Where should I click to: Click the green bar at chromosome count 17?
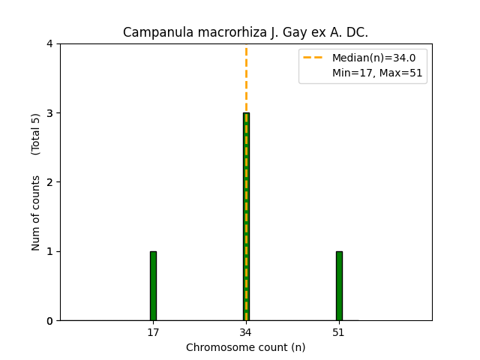point(153,286)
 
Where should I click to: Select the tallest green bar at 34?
point(246,217)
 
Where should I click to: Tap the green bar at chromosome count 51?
point(339,286)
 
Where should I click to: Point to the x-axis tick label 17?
point(153,332)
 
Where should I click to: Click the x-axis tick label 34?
point(246,332)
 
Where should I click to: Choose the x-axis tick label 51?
point(339,332)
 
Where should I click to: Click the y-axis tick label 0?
point(49,321)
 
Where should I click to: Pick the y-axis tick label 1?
point(49,251)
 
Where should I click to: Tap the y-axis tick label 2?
point(49,182)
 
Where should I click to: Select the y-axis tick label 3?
point(49,113)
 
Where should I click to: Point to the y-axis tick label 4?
point(49,43)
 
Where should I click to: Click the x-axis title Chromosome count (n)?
point(246,347)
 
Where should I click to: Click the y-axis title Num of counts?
point(36,213)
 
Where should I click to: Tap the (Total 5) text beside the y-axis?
point(36,134)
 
